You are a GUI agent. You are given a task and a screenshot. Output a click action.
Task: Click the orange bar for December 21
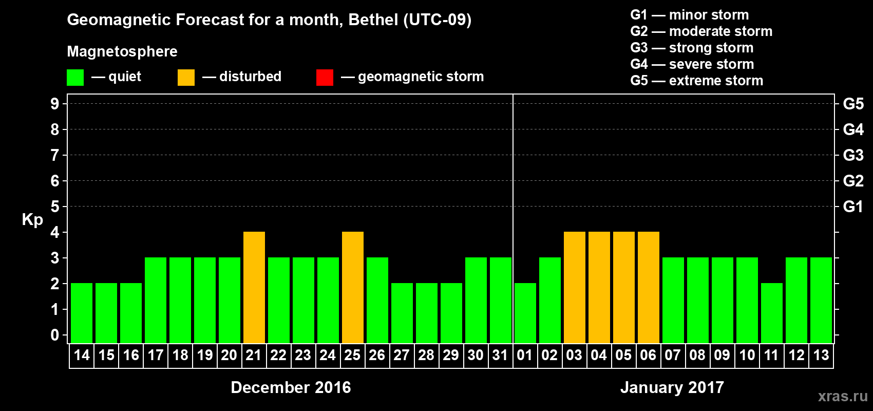click(x=254, y=287)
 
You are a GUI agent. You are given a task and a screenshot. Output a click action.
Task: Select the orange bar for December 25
click(x=353, y=287)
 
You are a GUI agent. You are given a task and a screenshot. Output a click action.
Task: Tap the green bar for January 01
click(x=525, y=313)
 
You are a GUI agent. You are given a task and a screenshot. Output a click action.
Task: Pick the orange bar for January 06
click(x=649, y=287)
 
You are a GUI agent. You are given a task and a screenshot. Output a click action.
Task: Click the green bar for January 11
click(x=772, y=313)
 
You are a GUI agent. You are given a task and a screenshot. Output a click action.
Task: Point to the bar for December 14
click(x=82, y=313)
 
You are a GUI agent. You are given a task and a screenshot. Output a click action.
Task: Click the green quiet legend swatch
click(x=75, y=78)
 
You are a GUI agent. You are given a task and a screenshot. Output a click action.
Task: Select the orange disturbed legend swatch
click(x=186, y=78)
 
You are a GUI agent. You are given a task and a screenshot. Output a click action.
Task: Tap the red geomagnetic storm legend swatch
click(x=325, y=78)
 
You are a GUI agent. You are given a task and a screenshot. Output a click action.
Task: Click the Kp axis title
click(x=32, y=220)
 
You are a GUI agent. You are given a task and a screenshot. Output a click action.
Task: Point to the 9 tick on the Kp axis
click(x=55, y=104)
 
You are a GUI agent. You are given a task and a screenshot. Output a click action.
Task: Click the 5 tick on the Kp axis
click(x=55, y=207)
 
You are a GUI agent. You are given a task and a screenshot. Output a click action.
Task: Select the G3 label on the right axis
click(x=853, y=155)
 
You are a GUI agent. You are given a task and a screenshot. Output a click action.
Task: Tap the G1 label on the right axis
click(x=853, y=207)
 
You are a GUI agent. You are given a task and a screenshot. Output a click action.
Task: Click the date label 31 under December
click(x=500, y=355)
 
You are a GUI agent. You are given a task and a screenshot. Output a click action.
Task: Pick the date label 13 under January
click(x=821, y=355)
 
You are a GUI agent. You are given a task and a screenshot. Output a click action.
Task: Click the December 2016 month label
click(x=291, y=387)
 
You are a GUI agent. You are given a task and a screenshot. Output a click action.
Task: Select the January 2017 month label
click(x=672, y=387)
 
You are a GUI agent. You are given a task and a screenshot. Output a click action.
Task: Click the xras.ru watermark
click(x=842, y=396)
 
